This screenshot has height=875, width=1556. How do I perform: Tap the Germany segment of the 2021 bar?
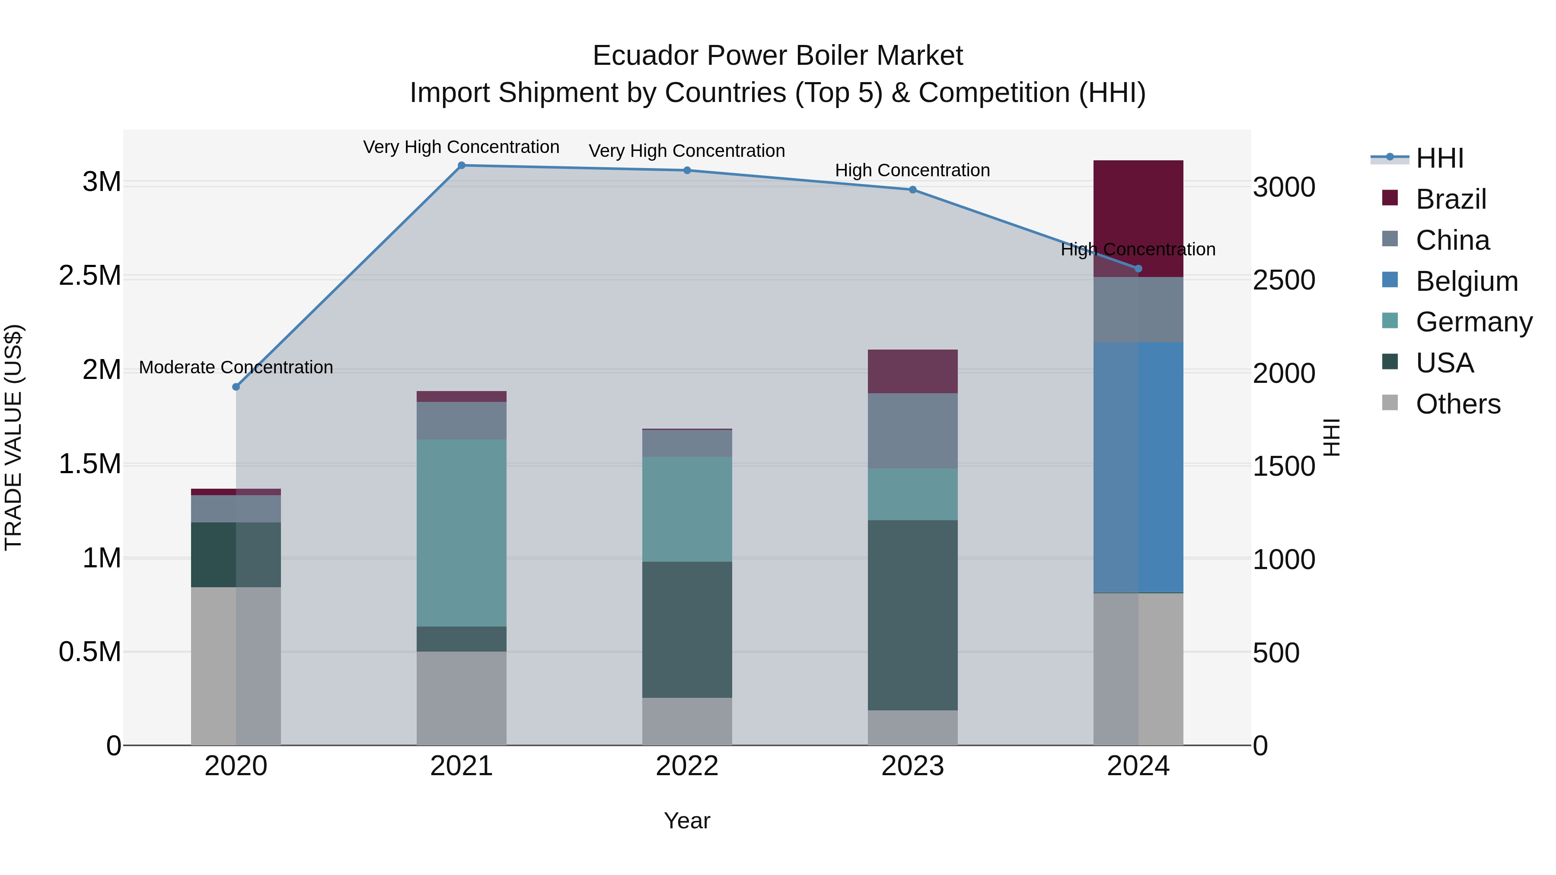[462, 533]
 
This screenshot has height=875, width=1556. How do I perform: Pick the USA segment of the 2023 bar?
[912, 615]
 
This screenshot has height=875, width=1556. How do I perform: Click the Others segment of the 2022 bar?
[687, 721]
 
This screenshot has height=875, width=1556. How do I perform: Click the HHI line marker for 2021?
[462, 165]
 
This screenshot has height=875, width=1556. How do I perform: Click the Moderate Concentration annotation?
[236, 367]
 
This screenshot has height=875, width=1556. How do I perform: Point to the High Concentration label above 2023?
[912, 170]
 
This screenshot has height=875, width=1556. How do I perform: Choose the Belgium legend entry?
[1466, 281]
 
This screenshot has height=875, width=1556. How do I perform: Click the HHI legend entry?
[1439, 158]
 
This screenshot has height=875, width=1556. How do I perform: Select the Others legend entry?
[1457, 404]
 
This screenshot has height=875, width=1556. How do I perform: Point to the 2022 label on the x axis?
[687, 766]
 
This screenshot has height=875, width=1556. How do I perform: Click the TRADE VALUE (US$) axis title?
[13, 437]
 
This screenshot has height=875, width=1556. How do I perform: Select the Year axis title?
[687, 821]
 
